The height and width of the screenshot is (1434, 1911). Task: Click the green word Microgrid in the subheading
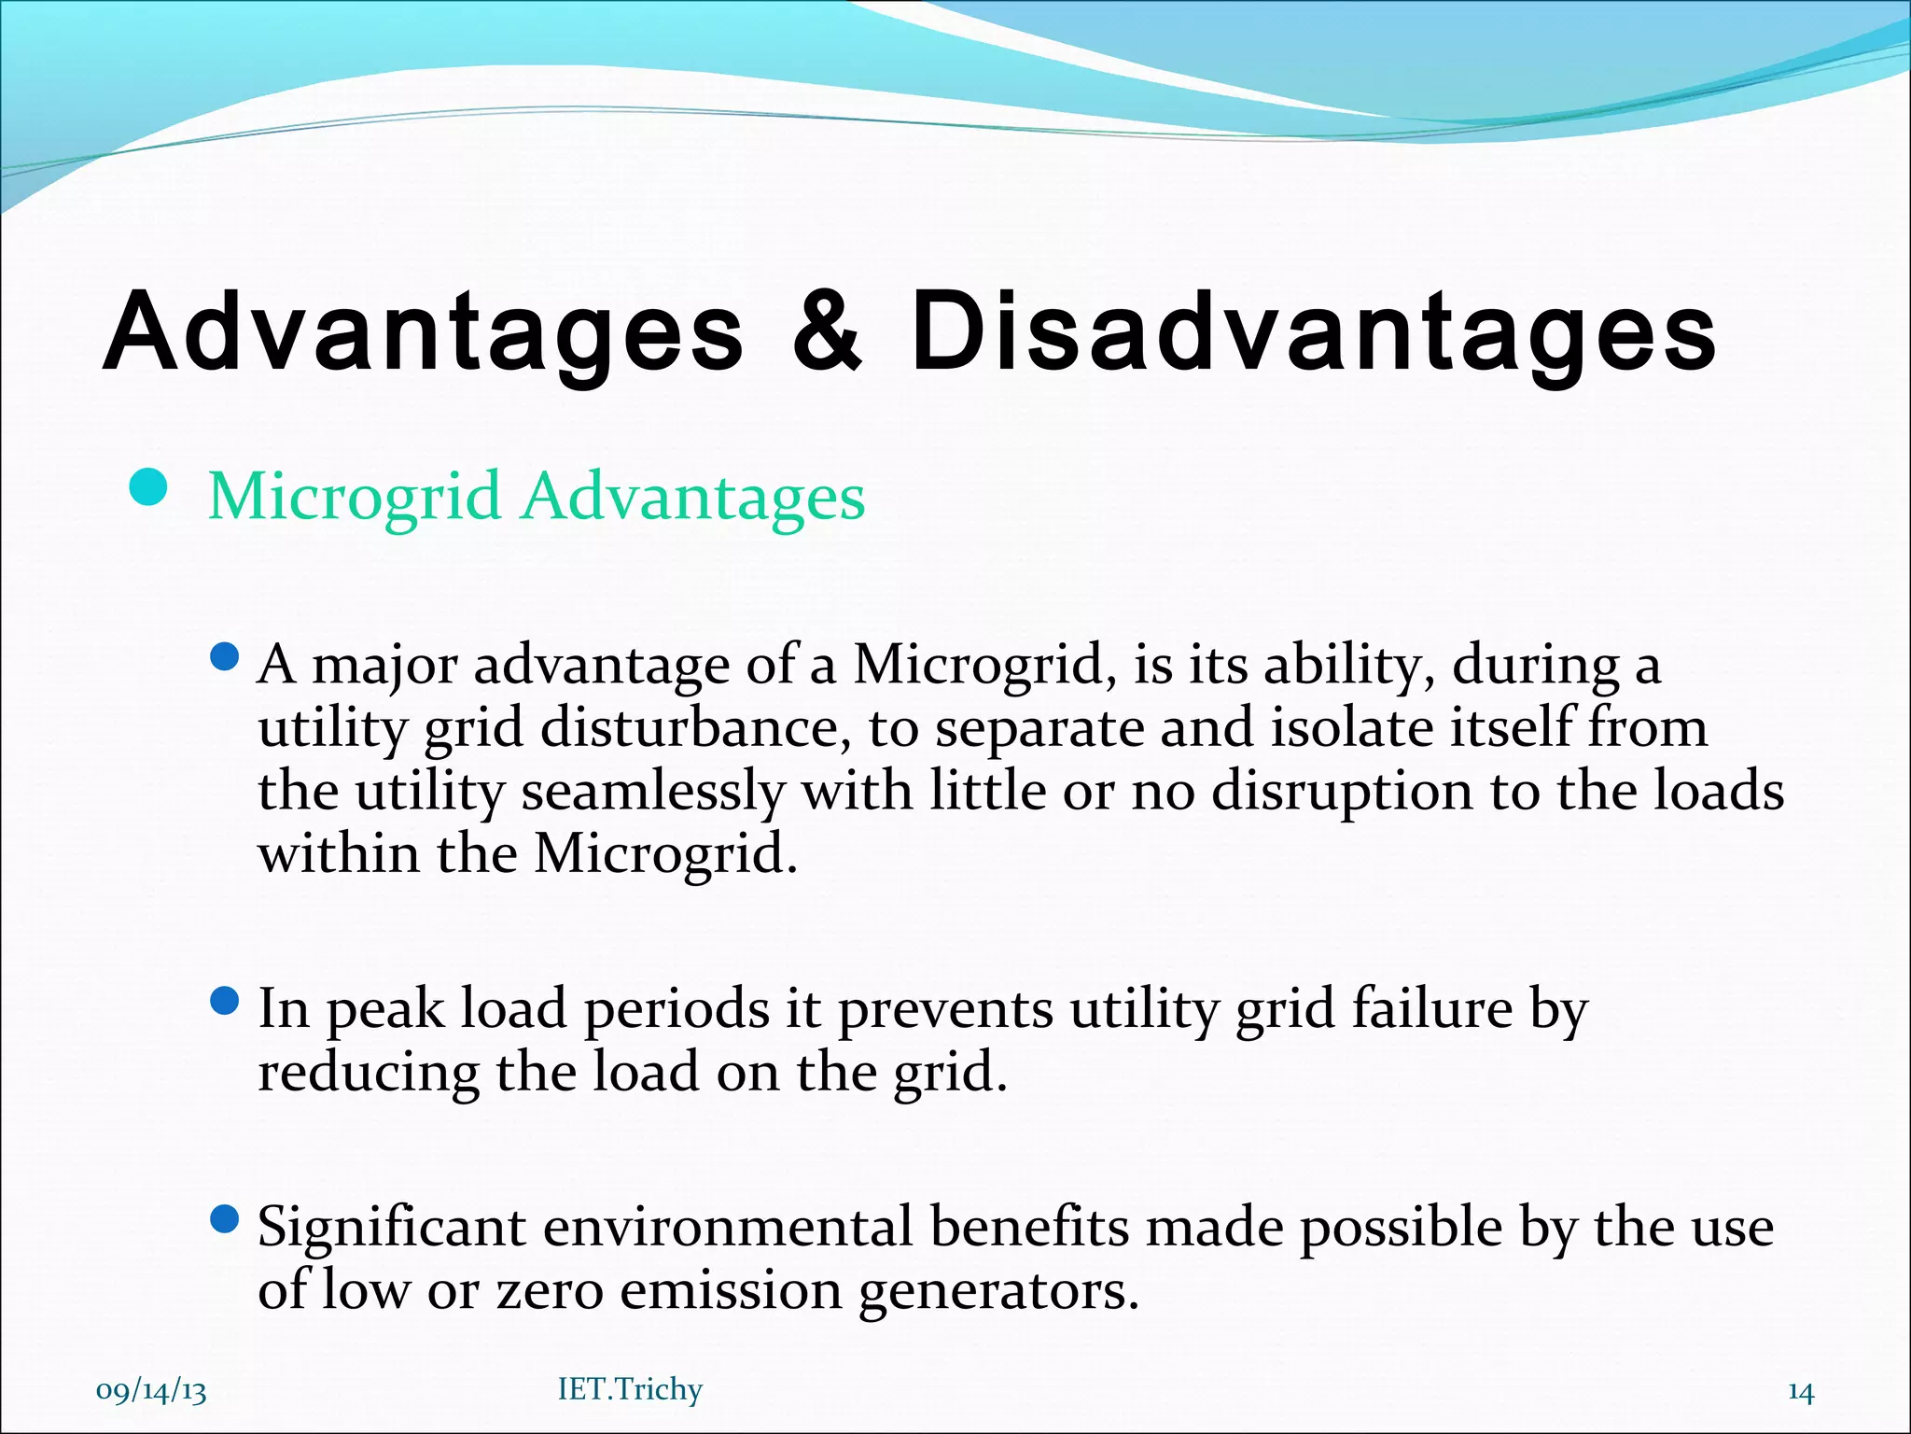pyautogui.click(x=355, y=497)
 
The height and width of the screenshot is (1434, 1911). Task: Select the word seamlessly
pyautogui.click(x=652, y=792)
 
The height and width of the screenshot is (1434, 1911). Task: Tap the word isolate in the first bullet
pyautogui.click(x=1352, y=728)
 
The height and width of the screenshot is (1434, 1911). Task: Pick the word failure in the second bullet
pyautogui.click(x=1431, y=1009)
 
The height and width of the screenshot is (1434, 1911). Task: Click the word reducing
pyautogui.click(x=368, y=1073)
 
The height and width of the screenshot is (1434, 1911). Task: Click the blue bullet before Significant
pyautogui.click(x=225, y=1219)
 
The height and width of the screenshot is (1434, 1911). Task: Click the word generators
pyautogui.click(x=998, y=1293)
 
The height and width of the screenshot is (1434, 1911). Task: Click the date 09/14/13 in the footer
pyautogui.click(x=151, y=1390)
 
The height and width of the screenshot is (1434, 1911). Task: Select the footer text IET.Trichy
pyautogui.click(x=630, y=1389)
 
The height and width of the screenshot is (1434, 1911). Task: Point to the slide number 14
pyautogui.click(x=1800, y=1391)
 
